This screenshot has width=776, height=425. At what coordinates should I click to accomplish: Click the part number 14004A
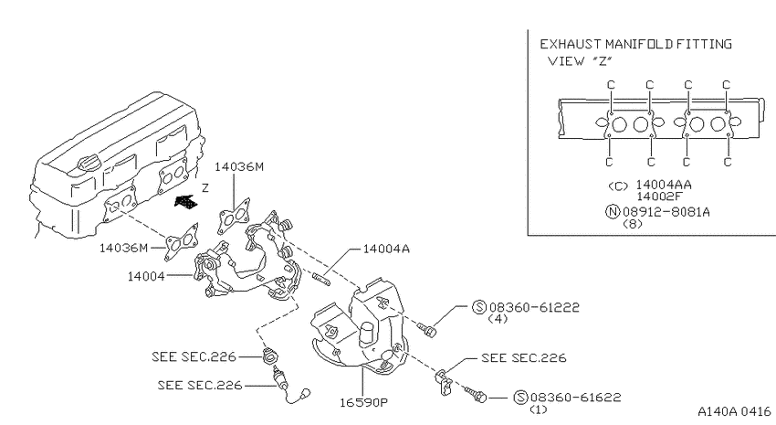click(x=386, y=249)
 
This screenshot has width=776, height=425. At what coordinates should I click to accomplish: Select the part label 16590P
click(x=363, y=402)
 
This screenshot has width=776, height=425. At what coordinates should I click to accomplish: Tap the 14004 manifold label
click(x=146, y=276)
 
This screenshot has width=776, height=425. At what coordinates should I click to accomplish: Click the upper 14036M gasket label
click(x=239, y=167)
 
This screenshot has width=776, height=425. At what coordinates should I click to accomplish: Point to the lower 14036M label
click(x=124, y=248)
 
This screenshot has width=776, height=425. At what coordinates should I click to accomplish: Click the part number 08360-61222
click(x=533, y=308)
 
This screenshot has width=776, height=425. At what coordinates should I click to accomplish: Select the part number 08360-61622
click(x=575, y=398)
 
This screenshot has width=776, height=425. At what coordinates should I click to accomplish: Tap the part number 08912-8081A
click(x=666, y=212)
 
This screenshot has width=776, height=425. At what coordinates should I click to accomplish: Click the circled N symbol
click(x=613, y=212)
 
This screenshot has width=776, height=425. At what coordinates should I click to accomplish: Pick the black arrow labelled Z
click(x=186, y=202)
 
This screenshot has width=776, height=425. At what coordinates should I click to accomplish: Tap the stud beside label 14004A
click(x=320, y=278)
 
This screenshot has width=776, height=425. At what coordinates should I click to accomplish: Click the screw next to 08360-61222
click(x=426, y=329)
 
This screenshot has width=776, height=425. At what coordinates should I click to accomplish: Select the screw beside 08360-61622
click(x=476, y=394)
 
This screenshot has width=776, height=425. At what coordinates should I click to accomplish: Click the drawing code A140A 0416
click(x=734, y=411)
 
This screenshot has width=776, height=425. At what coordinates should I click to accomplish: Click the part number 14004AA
click(x=664, y=185)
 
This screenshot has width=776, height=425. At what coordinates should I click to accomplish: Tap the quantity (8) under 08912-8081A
click(x=633, y=223)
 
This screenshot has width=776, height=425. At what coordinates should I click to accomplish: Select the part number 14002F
click(x=659, y=197)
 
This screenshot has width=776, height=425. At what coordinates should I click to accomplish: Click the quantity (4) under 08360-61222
click(x=498, y=319)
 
